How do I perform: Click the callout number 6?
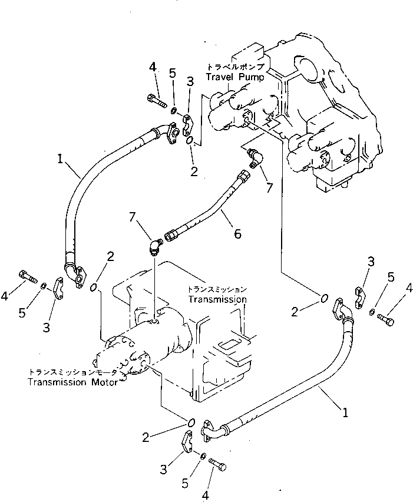(x=237, y=234)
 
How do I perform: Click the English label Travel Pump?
(x=235, y=77)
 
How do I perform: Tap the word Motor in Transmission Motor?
(x=105, y=382)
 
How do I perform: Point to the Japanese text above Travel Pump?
(x=236, y=67)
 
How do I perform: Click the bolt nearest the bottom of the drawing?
(x=217, y=464)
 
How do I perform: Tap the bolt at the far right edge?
(x=386, y=319)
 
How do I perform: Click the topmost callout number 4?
(x=153, y=67)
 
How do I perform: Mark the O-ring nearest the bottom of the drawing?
(x=190, y=422)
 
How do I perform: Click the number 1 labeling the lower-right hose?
(x=345, y=412)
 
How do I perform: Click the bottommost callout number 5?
(x=185, y=483)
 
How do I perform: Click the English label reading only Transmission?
(x=217, y=299)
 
